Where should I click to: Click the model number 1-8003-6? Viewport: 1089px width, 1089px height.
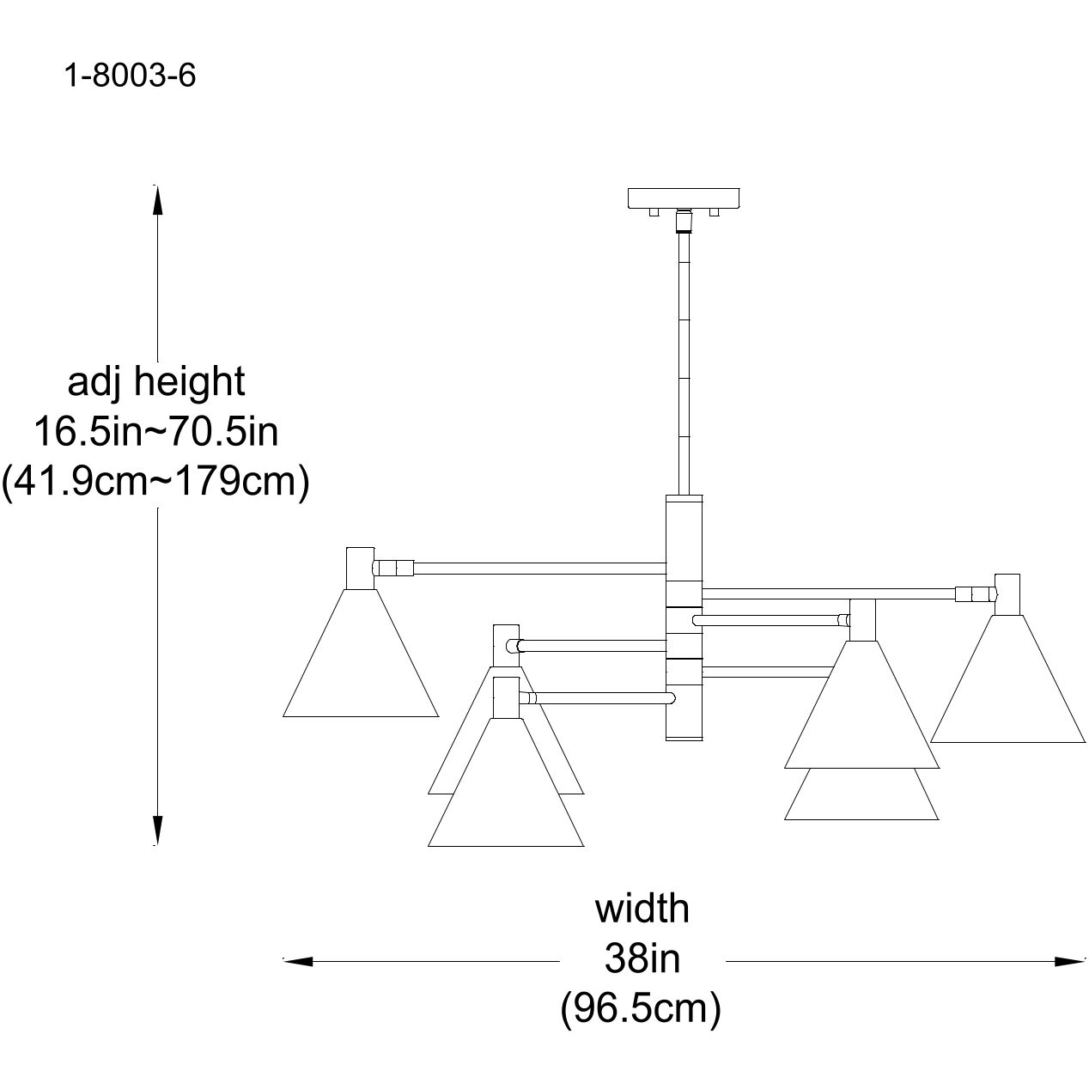point(130,76)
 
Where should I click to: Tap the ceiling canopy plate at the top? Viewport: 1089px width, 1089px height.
point(684,198)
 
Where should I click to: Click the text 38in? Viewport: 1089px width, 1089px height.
point(642,959)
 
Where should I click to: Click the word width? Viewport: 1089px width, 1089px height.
point(642,909)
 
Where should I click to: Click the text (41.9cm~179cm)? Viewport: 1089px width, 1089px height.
point(155,482)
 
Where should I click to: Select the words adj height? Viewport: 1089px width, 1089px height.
point(156,381)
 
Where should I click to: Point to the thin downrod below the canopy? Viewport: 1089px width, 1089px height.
point(684,361)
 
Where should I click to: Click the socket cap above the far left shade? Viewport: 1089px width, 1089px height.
point(360,568)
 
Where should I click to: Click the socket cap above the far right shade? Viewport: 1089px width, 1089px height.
point(1008,594)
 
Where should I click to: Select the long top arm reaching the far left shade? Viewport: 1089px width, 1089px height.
point(541,568)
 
